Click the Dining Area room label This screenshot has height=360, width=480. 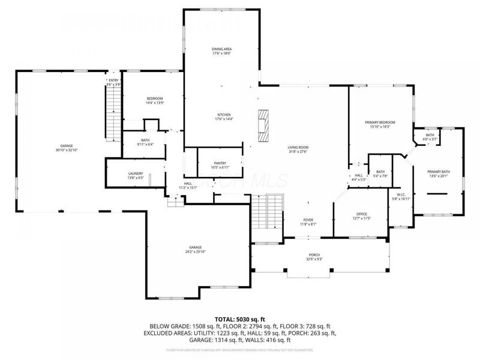point(221,51)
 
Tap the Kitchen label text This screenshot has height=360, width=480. point(224,116)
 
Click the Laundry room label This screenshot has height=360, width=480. point(136,176)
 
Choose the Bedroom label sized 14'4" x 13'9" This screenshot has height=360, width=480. point(155,101)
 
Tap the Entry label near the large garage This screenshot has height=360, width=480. point(113,82)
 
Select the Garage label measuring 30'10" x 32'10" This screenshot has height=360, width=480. point(66,148)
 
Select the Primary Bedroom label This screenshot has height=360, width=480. point(380,124)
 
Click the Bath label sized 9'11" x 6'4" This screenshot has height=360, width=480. point(145,142)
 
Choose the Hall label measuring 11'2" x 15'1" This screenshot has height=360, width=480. point(188,186)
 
